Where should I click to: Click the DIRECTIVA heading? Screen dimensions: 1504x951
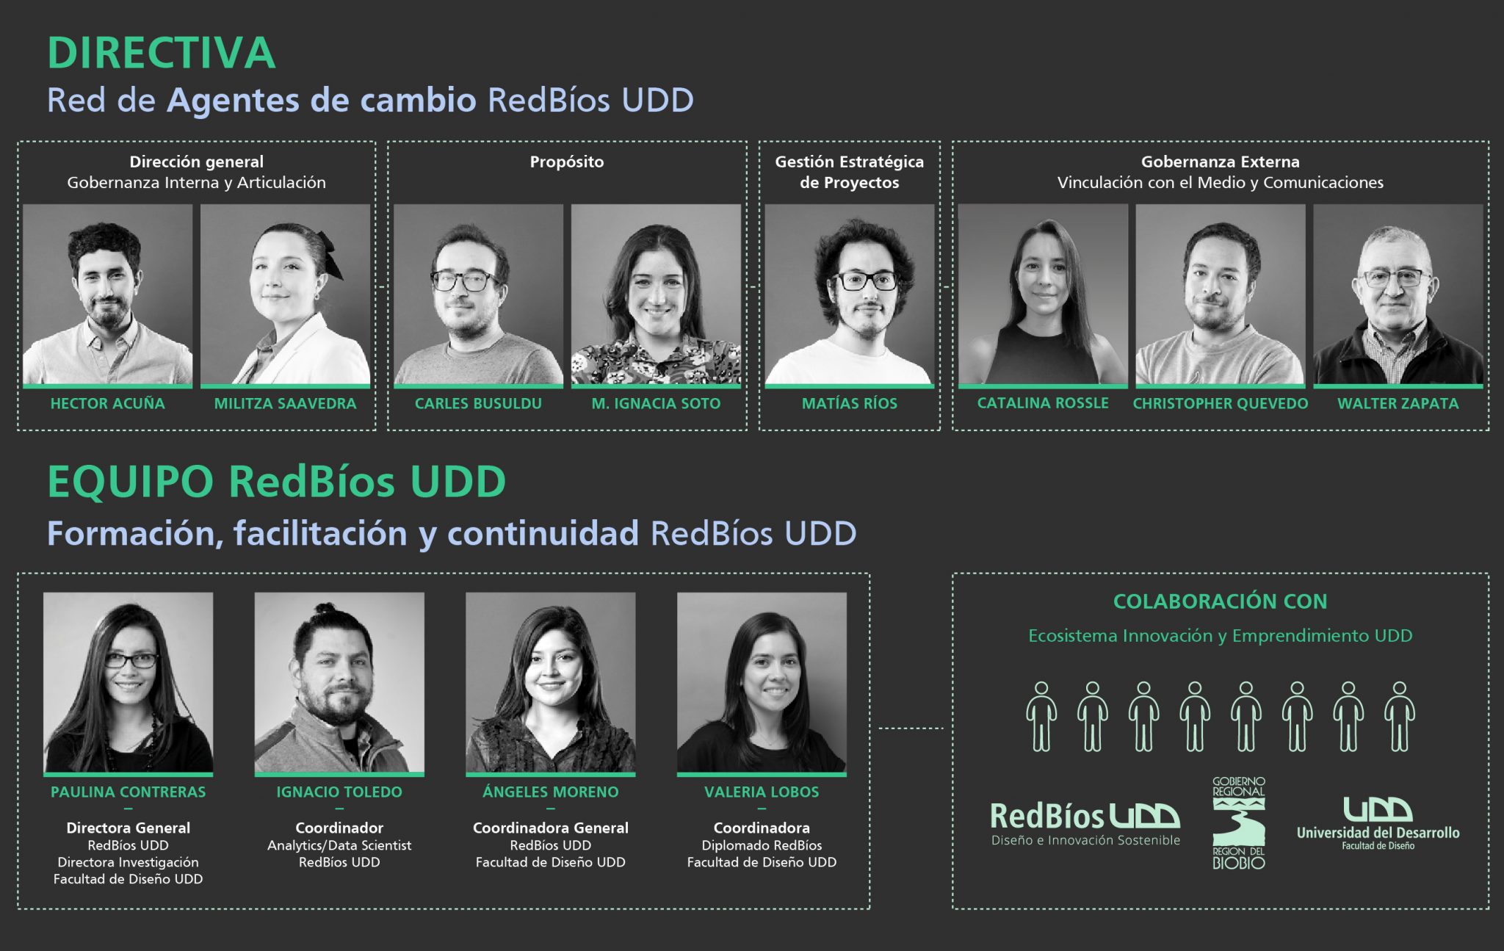pos(162,54)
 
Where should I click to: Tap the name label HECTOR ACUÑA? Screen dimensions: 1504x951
pos(108,403)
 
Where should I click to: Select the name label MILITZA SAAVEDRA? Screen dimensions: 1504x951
pos(285,403)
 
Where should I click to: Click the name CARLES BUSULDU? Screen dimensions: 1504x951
pos(478,403)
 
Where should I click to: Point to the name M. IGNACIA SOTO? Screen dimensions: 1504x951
pos(656,403)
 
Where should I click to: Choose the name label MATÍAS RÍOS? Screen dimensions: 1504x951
pos(850,403)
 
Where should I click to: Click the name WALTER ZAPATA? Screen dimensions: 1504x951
pos(1398,403)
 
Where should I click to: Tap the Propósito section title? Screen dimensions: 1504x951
pos(567,162)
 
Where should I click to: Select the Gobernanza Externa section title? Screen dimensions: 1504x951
pos(1221,162)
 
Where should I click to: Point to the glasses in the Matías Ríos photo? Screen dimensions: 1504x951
pos(867,280)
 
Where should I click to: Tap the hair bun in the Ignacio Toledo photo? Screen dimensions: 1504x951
pos(324,610)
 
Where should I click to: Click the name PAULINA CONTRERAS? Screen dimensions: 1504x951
pos(129,792)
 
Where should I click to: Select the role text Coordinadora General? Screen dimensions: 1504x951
pos(551,828)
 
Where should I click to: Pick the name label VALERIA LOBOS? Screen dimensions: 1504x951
pos(762,792)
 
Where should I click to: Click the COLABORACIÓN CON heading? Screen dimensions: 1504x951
pos(1221,601)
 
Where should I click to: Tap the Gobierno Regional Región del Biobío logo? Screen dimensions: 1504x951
pos(1239,823)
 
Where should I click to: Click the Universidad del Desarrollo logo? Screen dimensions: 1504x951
pos(1378,824)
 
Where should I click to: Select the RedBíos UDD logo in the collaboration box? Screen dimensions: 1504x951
pos(1085,824)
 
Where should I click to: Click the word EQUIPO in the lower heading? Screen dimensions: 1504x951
pos(131,482)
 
